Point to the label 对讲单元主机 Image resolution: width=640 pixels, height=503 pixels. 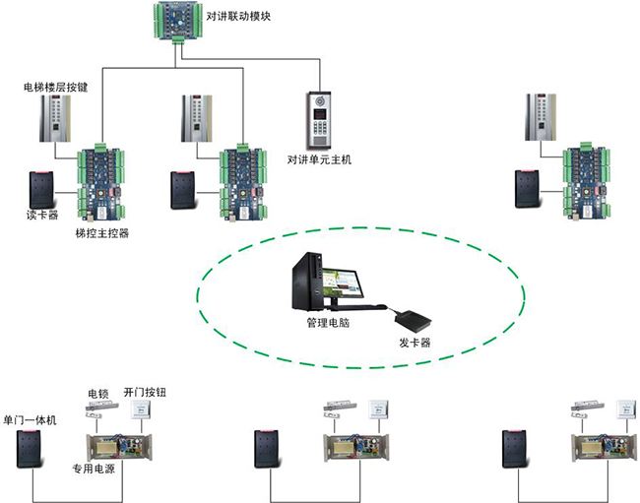pyautogui.click(x=319, y=159)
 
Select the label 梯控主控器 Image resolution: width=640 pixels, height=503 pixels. pyautogui.click(x=102, y=233)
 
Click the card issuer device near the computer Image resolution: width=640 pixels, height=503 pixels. pyautogui.click(x=412, y=316)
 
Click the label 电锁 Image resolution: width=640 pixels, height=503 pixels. pyautogui.click(x=98, y=393)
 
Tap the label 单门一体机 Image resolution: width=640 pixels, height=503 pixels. pyautogui.click(x=31, y=420)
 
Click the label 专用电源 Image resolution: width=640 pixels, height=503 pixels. pyautogui.click(x=95, y=469)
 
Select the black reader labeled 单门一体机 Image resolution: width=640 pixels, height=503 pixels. pyautogui.click(x=30, y=449)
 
